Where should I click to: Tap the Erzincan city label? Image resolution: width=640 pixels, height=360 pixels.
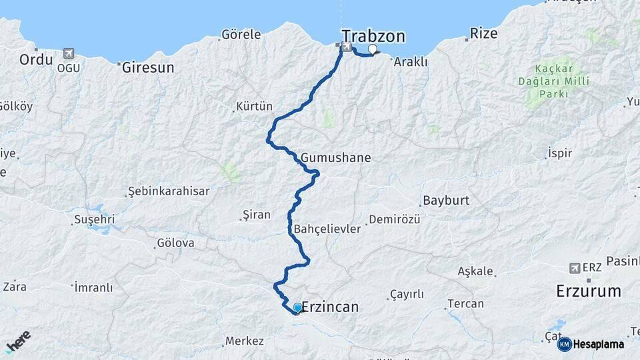(330, 307)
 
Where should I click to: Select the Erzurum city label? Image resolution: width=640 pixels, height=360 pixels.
(589, 291)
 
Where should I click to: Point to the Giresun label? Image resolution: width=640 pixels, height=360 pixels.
(148, 67)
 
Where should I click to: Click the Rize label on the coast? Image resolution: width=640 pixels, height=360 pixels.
(483, 33)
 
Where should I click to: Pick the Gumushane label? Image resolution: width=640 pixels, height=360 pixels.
(335, 158)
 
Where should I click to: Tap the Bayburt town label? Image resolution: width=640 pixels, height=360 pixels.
(446, 200)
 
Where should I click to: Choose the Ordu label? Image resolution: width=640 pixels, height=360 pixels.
(36, 59)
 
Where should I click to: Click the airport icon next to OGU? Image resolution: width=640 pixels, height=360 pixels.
(68, 53)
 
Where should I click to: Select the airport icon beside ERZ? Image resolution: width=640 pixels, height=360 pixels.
(575, 268)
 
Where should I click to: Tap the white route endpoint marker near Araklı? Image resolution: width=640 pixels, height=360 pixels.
(373, 49)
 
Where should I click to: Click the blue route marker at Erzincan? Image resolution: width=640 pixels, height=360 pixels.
(297, 307)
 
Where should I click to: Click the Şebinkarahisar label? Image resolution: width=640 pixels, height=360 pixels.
(168, 191)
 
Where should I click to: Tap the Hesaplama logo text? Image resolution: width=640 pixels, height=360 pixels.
(598, 344)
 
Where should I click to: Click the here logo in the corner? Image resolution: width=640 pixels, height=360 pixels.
(19, 341)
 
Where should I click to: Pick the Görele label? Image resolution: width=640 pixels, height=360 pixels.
(241, 34)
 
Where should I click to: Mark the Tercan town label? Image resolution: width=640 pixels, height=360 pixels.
(465, 303)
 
